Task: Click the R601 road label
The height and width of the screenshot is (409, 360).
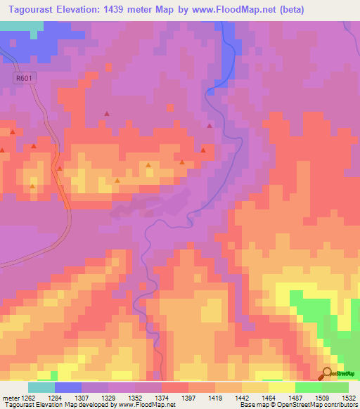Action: tap(24, 79)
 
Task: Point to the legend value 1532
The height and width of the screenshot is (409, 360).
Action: tap(349, 398)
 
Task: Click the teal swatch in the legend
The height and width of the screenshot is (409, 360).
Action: tap(41, 387)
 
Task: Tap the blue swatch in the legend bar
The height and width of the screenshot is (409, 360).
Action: tap(67, 387)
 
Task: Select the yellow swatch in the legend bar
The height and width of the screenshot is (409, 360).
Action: tap(281, 387)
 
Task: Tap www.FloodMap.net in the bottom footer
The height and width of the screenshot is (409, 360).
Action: tap(146, 405)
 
